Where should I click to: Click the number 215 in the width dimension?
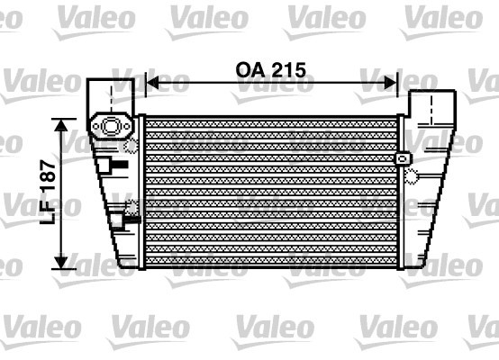click(289, 70)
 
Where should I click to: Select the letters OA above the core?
click(250, 70)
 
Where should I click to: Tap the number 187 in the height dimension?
click(48, 175)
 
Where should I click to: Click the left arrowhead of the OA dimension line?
click(152, 83)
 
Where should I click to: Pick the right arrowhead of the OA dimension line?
click(391, 83)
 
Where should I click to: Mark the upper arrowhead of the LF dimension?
click(60, 125)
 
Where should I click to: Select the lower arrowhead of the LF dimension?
click(60, 263)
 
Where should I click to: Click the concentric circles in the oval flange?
click(111, 126)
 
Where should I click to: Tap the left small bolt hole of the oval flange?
click(95, 127)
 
